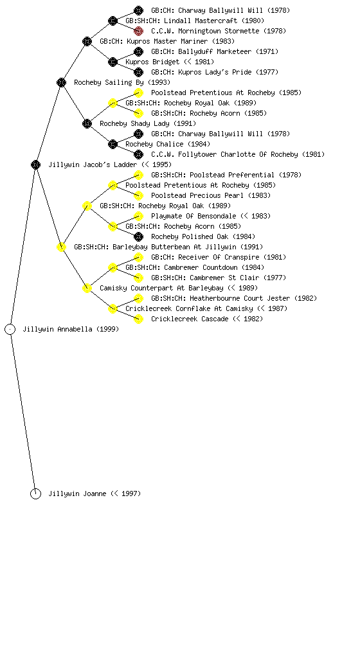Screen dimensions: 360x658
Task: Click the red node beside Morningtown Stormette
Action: (138, 31)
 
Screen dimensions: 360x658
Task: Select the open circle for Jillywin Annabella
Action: (10, 330)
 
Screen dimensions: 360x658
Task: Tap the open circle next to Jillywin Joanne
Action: (35, 494)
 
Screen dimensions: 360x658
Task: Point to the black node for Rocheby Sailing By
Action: (61, 83)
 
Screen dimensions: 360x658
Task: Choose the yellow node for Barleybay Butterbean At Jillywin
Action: (61, 247)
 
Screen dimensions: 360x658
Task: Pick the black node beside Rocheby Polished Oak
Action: (138, 236)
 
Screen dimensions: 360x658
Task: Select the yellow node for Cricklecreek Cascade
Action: (138, 319)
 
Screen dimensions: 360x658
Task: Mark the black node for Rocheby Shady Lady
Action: (87, 124)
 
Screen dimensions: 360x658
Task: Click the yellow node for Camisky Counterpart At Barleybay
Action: (87, 289)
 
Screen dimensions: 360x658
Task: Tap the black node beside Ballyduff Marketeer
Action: (138, 51)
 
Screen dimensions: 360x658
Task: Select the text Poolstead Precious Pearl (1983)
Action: (211, 195)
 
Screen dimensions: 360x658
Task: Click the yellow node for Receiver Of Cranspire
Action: (138, 257)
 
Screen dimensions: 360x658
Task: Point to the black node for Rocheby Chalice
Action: (113, 145)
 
